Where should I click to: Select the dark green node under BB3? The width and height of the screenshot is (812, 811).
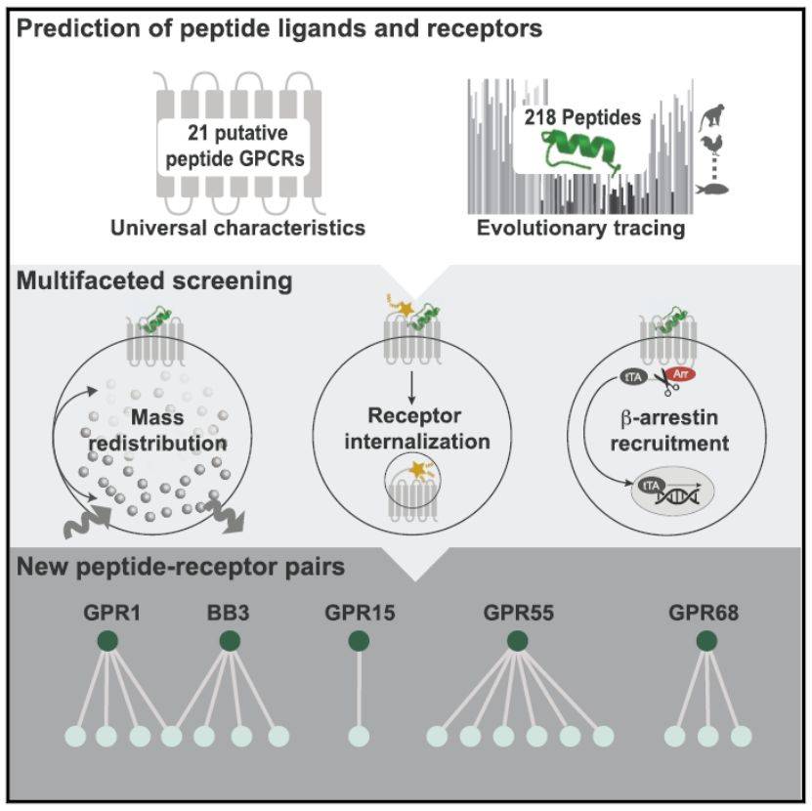tap(230, 641)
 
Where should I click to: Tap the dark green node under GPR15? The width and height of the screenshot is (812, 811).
tap(359, 641)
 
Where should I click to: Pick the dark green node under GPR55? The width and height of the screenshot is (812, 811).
tap(517, 641)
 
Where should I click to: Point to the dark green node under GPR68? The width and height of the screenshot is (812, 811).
tap(706, 641)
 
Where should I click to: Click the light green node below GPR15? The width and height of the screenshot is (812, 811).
tap(359, 736)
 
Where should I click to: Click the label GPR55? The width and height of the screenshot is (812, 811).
tap(517, 614)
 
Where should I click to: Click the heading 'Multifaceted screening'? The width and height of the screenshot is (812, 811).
tap(153, 283)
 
